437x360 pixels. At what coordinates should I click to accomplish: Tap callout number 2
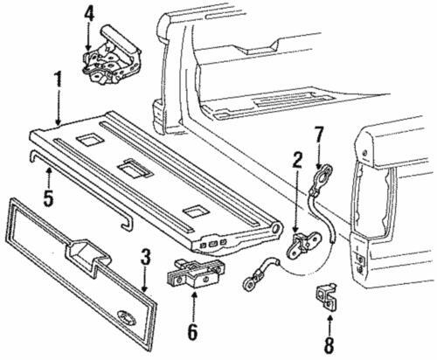(x=298, y=160)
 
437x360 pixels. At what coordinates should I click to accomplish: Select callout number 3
(x=146, y=259)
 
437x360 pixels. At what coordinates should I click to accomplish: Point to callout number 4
(x=88, y=14)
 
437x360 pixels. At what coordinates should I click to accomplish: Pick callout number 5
(x=49, y=196)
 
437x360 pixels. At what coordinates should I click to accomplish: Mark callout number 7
(x=319, y=134)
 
